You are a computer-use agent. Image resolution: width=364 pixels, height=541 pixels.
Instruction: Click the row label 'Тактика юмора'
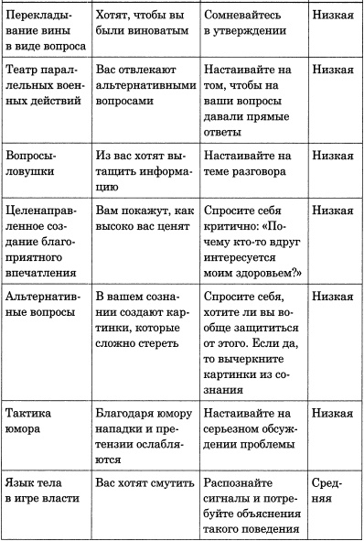(33, 424)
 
